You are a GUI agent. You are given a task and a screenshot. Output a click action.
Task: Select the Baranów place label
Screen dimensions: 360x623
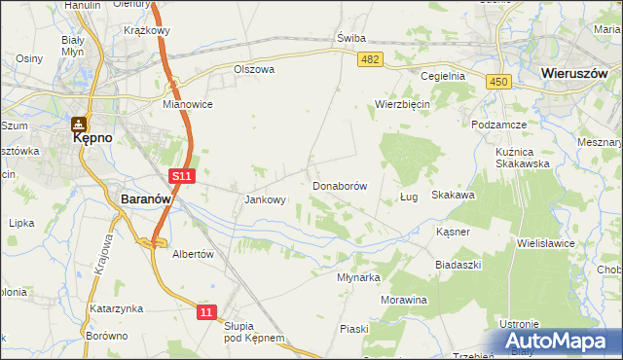(146, 198)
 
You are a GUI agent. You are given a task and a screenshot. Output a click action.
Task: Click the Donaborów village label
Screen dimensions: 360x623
(340, 185)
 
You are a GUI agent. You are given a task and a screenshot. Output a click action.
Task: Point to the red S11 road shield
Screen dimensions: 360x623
(182, 175)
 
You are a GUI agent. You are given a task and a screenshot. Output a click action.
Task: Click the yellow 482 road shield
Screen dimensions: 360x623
(371, 60)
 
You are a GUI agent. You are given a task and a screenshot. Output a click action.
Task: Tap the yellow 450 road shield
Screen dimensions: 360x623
(499, 84)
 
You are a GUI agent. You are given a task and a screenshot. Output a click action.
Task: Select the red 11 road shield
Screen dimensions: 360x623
(205, 311)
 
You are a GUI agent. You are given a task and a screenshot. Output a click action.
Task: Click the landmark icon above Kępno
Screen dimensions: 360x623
(77, 124)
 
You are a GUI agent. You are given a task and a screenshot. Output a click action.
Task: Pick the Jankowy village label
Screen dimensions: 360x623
(265, 200)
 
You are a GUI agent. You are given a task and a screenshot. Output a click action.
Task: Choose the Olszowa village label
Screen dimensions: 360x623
(255, 70)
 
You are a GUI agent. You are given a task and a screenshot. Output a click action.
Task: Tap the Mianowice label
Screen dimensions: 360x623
(188, 103)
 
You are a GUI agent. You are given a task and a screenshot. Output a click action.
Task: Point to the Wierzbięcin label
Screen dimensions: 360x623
(403, 103)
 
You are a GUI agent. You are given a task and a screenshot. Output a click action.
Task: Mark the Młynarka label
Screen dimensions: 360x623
(357, 277)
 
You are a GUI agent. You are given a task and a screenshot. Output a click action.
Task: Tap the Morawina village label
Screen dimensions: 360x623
(404, 300)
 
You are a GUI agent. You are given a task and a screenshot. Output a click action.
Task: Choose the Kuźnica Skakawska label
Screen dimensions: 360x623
(524, 156)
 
